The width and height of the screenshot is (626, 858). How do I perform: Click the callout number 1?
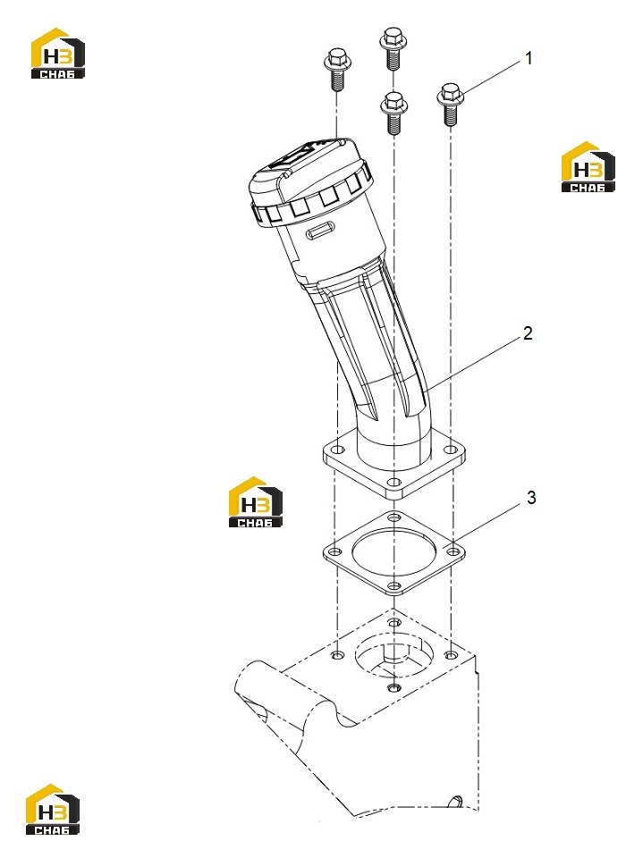pyautogui.click(x=529, y=58)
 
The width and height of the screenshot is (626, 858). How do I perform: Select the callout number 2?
pyautogui.click(x=528, y=333)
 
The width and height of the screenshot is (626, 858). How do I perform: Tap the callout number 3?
pyautogui.click(x=530, y=498)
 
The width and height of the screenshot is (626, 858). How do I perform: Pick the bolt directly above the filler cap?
pyautogui.click(x=337, y=69)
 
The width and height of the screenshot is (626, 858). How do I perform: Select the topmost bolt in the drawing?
pyautogui.click(x=393, y=48)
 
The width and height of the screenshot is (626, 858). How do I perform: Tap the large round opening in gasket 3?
pyautogui.click(x=393, y=552)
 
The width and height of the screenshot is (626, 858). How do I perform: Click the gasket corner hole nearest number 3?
pyautogui.click(x=453, y=551)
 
